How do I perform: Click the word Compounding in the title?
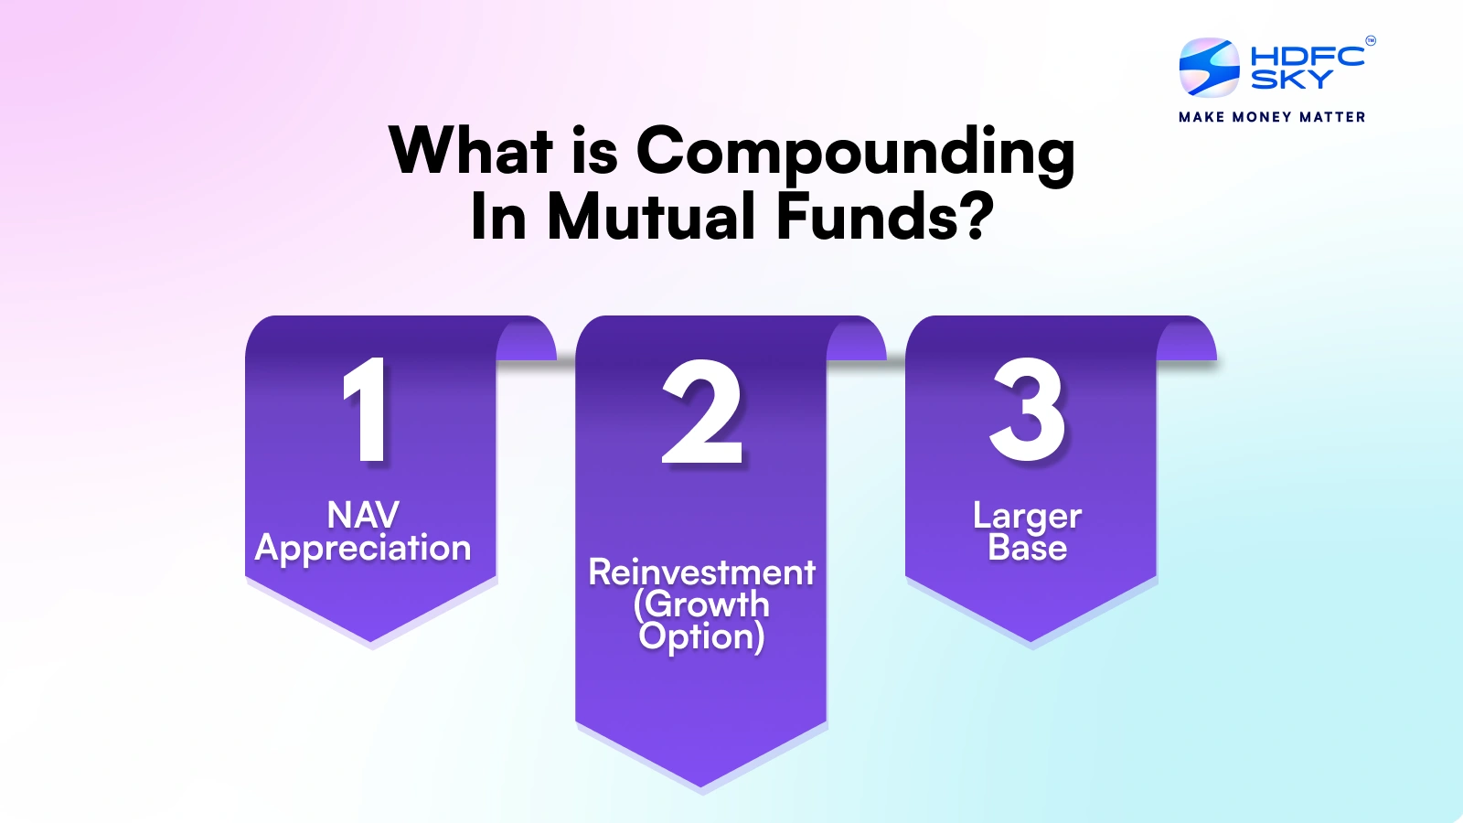coord(855,152)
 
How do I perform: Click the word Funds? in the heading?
coord(884,218)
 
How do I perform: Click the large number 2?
coord(701,412)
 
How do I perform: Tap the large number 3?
coord(1028,411)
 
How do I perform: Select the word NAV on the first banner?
coord(363,515)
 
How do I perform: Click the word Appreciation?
coord(363,549)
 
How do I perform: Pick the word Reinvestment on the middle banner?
coord(701,572)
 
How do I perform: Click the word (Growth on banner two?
coord(701,604)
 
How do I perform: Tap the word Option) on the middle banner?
coord(701,636)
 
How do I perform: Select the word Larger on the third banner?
coord(1027,517)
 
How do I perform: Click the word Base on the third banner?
coord(1027,548)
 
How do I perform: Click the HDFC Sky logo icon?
coord(1209,68)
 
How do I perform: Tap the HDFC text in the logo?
coord(1307,56)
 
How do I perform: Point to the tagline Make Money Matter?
coord(1272,117)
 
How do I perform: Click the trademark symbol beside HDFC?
coord(1370,40)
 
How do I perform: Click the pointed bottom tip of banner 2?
coord(701,783)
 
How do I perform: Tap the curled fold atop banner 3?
coord(1187,340)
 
